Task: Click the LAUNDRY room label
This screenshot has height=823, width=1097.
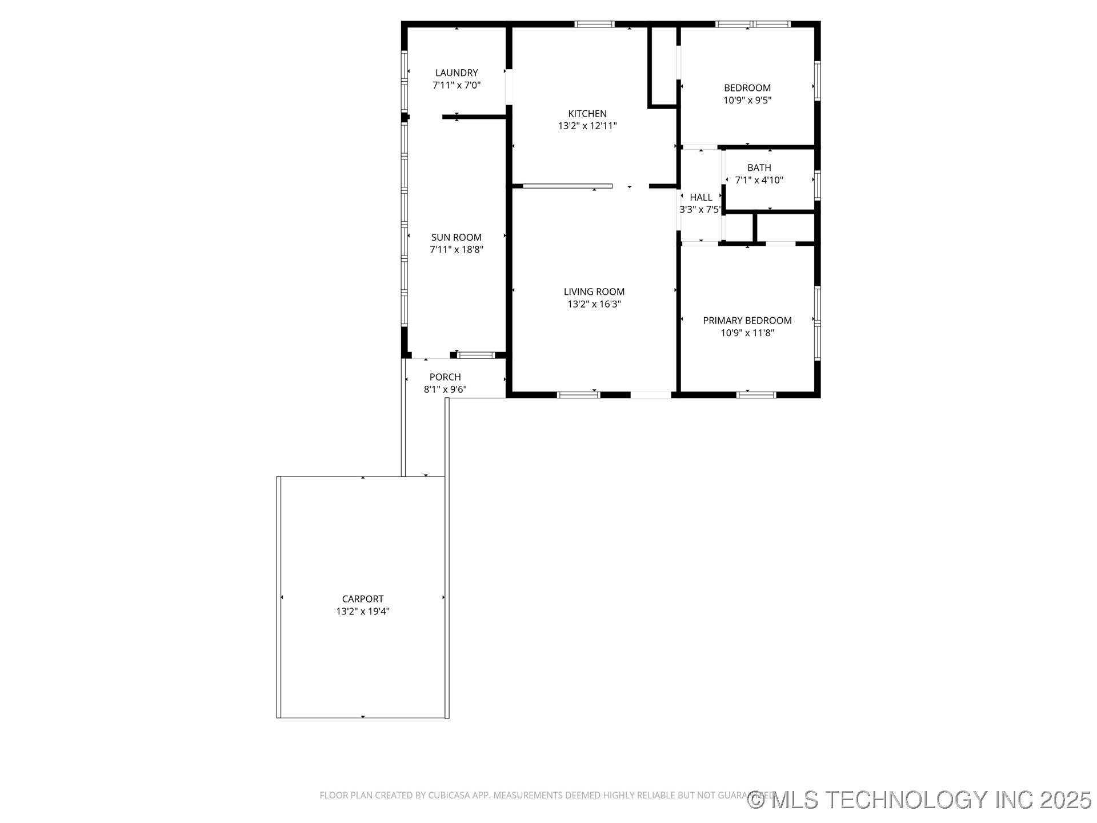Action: tap(456, 73)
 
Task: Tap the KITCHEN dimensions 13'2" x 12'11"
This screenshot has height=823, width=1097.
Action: tap(587, 126)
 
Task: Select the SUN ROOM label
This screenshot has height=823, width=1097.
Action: tap(456, 237)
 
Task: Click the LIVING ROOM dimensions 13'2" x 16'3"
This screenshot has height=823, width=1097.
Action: tap(594, 304)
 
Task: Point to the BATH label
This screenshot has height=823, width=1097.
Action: tap(759, 167)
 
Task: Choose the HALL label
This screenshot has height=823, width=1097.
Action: tap(700, 197)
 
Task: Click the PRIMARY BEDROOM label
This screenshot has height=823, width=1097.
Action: tap(747, 321)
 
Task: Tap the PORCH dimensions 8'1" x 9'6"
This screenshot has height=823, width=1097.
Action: tap(445, 390)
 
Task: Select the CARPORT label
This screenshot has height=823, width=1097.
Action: tap(362, 599)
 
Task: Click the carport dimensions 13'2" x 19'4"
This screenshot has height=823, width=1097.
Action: tap(362, 612)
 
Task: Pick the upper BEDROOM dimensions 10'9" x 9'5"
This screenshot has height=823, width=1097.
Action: tap(747, 100)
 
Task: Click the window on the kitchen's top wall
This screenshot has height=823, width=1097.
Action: tap(594, 24)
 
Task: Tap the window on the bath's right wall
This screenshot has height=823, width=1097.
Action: tap(817, 185)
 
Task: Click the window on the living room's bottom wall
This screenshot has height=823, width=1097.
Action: tap(578, 394)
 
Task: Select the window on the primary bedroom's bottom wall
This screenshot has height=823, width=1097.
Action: tap(756, 394)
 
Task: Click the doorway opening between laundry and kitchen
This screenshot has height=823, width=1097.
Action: tap(509, 87)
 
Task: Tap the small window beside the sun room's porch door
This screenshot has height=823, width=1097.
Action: tap(476, 355)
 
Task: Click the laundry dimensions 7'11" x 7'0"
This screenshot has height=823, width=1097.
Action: tap(456, 86)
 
